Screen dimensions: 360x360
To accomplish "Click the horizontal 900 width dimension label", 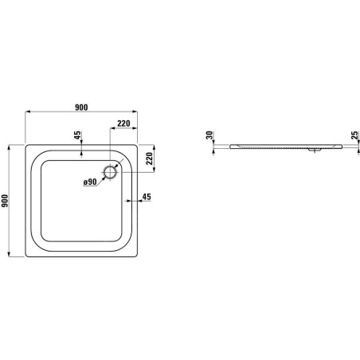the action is (81, 108).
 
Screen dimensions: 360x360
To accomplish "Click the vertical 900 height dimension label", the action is (5, 201).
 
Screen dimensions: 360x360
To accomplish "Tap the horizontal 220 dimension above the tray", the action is (123, 123).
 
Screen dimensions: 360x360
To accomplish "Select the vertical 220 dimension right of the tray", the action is (150, 158).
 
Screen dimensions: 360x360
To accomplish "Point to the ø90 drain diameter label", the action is (90, 182).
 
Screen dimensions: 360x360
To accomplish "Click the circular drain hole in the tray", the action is (110, 172).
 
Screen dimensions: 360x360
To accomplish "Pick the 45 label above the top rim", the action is (77, 135).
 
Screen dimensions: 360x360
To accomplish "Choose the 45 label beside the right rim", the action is (147, 197).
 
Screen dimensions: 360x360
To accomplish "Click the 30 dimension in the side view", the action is (209, 135).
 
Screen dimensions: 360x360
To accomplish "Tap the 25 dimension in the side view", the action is (354, 135).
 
